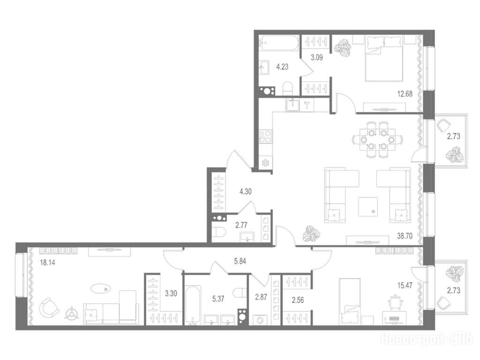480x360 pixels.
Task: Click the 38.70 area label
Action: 405,236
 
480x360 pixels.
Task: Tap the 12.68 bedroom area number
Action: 405,94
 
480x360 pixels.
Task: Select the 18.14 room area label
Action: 48,262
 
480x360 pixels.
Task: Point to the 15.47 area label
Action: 405,285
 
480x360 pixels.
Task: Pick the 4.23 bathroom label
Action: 282,67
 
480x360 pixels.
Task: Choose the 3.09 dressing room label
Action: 316,57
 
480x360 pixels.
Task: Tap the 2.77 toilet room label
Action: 241,225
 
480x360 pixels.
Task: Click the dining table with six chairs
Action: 377,140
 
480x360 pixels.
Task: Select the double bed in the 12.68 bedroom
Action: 384,59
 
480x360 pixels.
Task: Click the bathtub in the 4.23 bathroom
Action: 278,43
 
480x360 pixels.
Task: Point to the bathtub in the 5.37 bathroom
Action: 193,304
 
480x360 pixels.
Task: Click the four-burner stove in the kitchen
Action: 265,136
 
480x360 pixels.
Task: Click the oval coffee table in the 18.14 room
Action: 101,288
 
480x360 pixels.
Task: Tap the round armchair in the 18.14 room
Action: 49,307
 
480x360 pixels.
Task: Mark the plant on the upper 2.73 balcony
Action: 455,155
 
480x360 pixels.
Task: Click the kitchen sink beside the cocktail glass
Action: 292,105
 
